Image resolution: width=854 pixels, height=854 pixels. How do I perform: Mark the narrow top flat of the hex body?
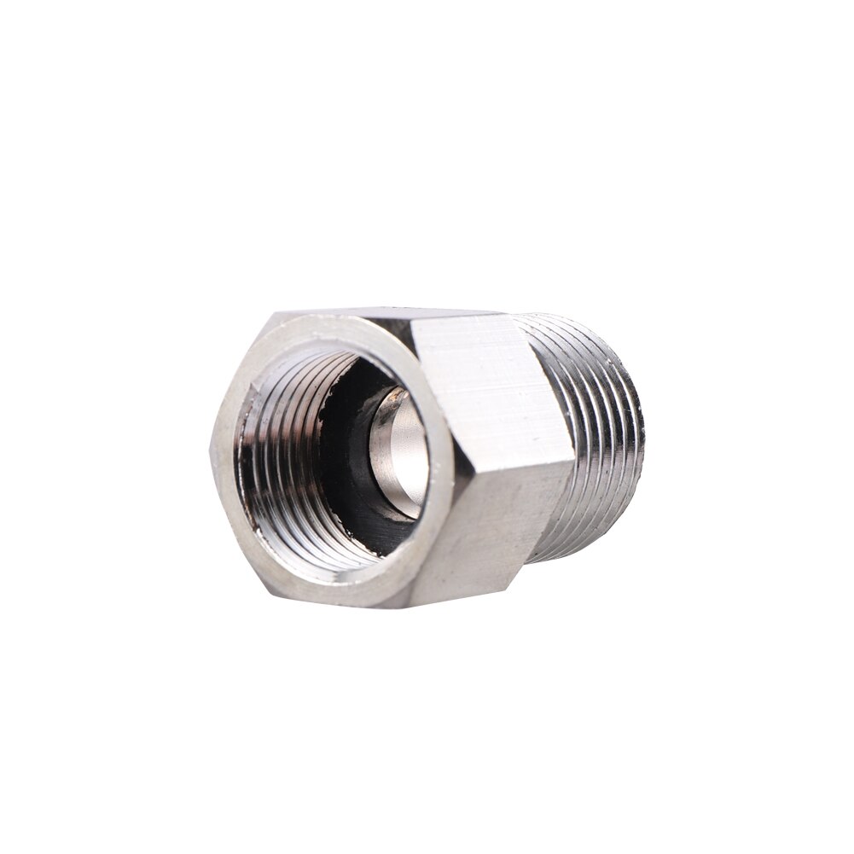click(384, 313)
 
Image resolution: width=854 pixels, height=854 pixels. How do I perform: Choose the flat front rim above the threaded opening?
click(341, 328)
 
